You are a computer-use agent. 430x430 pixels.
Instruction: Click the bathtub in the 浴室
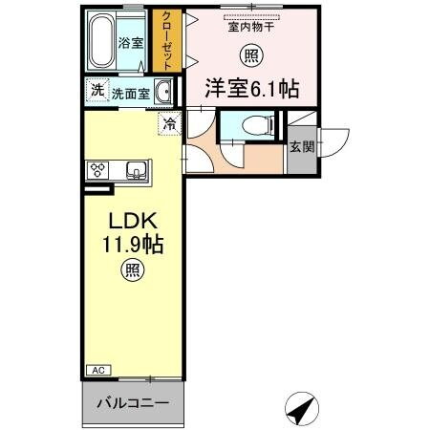tap(102, 41)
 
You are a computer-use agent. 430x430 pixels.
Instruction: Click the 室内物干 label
tap(250, 27)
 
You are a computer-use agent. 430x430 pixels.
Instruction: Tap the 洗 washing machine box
tap(97, 91)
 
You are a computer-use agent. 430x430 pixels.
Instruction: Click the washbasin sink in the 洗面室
tap(163, 94)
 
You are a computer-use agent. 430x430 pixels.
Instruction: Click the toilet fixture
tap(251, 124)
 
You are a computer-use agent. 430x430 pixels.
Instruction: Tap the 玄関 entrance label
tap(300, 147)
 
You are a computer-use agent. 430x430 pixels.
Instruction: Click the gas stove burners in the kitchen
tap(97, 170)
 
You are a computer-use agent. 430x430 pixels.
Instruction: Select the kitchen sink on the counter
tap(136, 171)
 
